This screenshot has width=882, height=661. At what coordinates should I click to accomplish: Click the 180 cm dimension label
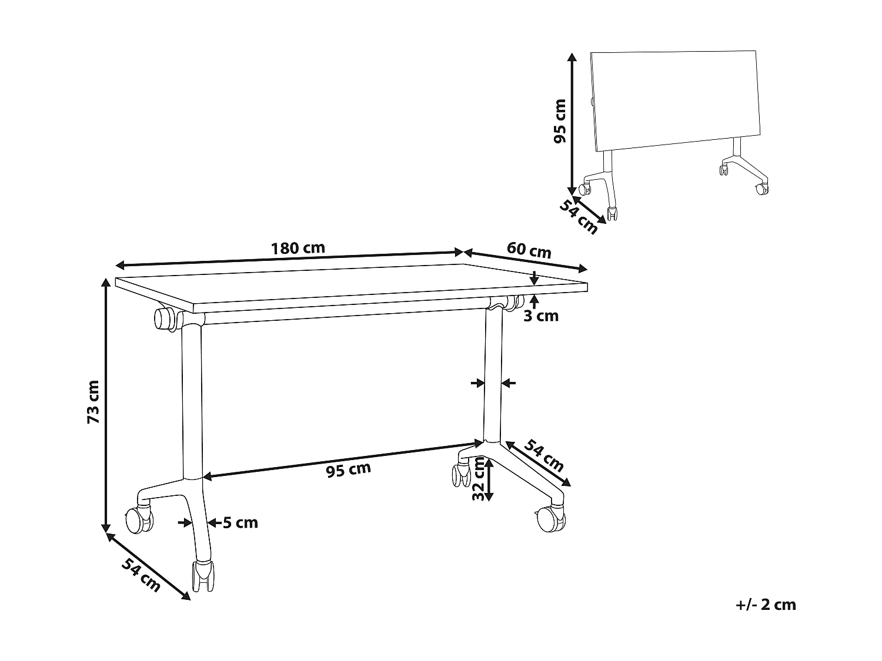tap(298, 247)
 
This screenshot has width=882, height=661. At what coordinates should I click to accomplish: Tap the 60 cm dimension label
tap(529, 250)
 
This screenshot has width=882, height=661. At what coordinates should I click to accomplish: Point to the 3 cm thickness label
tap(541, 316)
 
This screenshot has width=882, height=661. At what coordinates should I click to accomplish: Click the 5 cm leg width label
tap(240, 522)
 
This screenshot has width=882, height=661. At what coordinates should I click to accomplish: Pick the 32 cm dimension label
tap(479, 479)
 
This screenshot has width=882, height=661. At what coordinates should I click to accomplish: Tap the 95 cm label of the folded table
tap(560, 121)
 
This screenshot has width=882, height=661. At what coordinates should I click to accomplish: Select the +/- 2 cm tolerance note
tap(766, 605)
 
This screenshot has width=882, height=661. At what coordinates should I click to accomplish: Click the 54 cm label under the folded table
tap(578, 216)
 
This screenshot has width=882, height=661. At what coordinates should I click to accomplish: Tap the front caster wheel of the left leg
tap(203, 578)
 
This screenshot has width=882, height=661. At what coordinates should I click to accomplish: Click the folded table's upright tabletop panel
tap(676, 100)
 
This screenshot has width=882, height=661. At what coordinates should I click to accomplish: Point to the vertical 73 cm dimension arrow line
tap(106, 405)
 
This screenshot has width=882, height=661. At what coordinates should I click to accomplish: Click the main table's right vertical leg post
tap(492, 376)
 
